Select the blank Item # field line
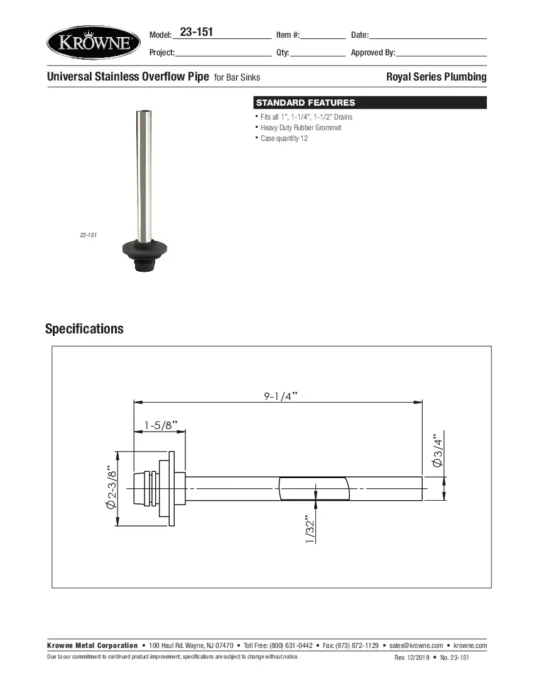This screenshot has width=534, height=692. [x=323, y=38]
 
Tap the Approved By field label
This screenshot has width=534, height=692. [x=373, y=53]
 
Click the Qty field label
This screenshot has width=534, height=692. [x=282, y=53]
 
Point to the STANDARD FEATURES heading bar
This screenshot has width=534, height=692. [x=369, y=103]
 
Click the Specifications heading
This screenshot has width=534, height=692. [x=84, y=329]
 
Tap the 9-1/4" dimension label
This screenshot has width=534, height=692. [x=280, y=396]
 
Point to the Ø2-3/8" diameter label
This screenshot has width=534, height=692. [x=112, y=488]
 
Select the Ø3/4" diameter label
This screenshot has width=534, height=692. [x=438, y=449]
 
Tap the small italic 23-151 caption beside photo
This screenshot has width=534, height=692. [x=88, y=235]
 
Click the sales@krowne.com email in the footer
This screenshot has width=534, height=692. [x=416, y=645]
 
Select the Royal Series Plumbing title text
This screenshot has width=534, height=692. [x=436, y=77]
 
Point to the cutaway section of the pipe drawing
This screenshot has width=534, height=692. [x=313, y=488]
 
